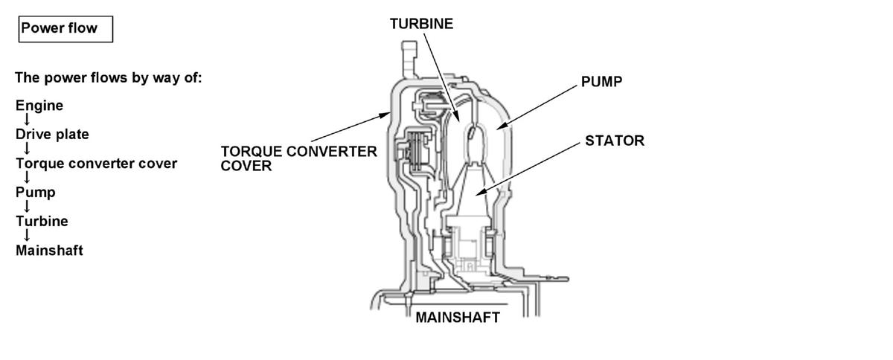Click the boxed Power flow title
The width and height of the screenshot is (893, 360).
pyautogui.click(x=65, y=29)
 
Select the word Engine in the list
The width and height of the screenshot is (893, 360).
pyautogui.click(x=39, y=106)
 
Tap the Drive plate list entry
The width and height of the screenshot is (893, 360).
pyautogui.click(x=52, y=135)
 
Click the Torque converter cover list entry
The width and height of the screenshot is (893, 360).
pyautogui.click(x=96, y=164)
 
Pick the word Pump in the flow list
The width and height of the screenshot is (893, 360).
pyautogui.click(x=36, y=193)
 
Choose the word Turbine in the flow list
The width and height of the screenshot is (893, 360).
pyautogui.click(x=42, y=222)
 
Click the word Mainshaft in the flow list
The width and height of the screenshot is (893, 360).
pyautogui.click(x=49, y=251)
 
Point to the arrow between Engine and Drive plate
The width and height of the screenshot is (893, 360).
pyautogui.click(x=28, y=120)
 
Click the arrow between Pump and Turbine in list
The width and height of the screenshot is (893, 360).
pyautogui.click(x=28, y=207)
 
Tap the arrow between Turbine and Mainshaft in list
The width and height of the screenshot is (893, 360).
pyautogui.click(x=28, y=236)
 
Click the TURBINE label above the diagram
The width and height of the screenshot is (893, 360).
pyautogui.click(x=421, y=24)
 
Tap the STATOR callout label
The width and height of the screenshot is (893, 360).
pyautogui.click(x=615, y=141)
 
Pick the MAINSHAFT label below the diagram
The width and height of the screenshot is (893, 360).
pyautogui.click(x=458, y=318)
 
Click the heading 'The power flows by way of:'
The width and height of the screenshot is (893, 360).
pyautogui.click(x=108, y=77)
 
